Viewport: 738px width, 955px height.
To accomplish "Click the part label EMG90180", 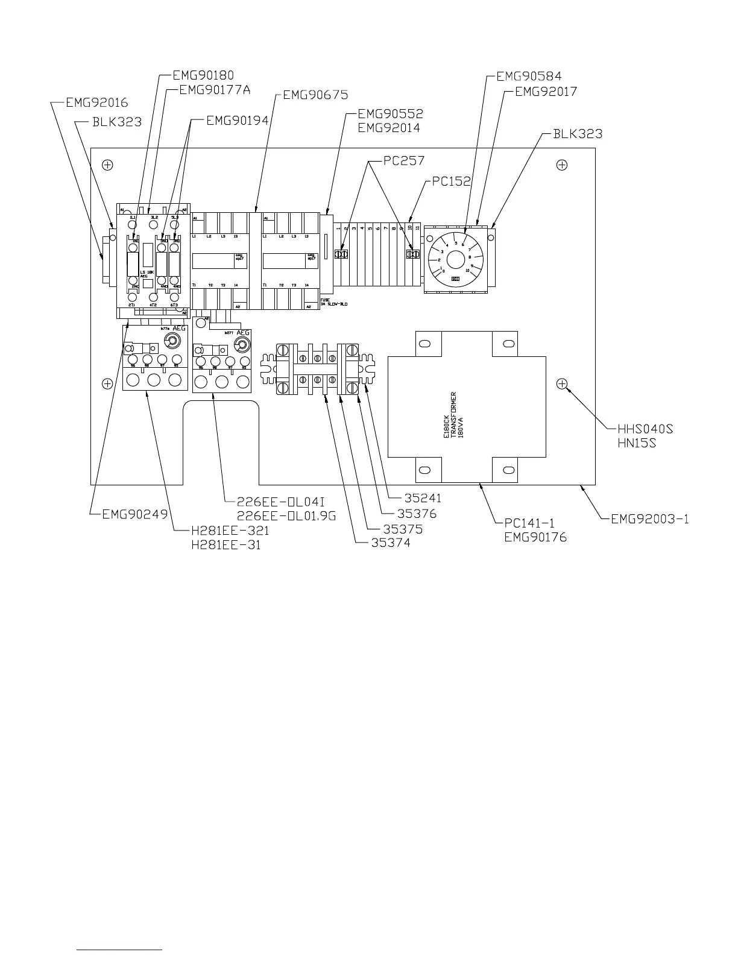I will (x=203, y=75).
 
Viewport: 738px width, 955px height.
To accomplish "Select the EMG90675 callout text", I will (x=315, y=95).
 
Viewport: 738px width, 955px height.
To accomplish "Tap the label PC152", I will (x=451, y=181).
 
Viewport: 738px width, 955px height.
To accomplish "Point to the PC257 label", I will (x=404, y=161).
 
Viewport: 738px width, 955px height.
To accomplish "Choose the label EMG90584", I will (x=529, y=76).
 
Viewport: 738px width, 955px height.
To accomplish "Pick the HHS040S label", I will (x=645, y=429).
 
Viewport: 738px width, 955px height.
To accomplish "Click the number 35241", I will (x=423, y=498).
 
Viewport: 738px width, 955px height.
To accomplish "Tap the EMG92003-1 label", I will (x=650, y=519).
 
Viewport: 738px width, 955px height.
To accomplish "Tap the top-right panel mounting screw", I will (x=561, y=165).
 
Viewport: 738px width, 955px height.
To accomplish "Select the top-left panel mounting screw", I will (x=107, y=165).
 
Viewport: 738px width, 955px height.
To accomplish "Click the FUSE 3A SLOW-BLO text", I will (x=333, y=301).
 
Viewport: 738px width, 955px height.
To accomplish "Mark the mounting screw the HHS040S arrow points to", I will (x=561, y=383).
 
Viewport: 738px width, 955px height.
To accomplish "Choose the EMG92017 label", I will (x=546, y=92).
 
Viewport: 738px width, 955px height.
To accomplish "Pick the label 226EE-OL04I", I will (x=270, y=500).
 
